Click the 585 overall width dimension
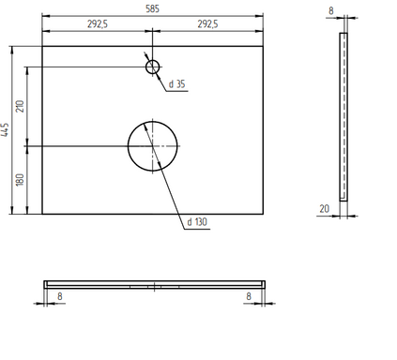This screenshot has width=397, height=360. tap(152, 8)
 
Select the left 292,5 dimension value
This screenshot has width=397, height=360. tap(98, 24)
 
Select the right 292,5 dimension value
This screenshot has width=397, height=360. tap(207, 24)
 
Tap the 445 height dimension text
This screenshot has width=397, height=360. tap(5, 129)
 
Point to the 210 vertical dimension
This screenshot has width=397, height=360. tap(20, 107)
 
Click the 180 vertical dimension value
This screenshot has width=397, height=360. tap(20, 180)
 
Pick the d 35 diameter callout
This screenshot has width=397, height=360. tap(177, 84)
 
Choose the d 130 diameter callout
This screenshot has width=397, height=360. tap(197, 222)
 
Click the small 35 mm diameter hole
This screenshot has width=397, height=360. tap(153, 60)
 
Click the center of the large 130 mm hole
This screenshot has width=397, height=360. tap(153, 146)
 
